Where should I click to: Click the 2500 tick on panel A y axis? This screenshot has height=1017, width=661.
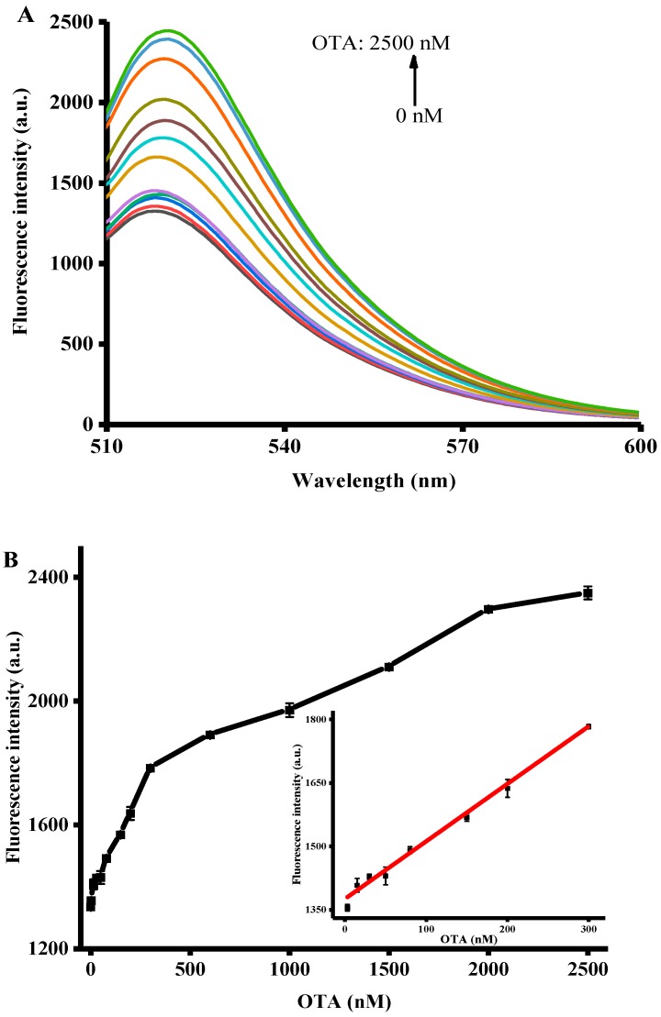(77, 22)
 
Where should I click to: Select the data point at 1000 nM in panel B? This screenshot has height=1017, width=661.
(289, 710)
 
